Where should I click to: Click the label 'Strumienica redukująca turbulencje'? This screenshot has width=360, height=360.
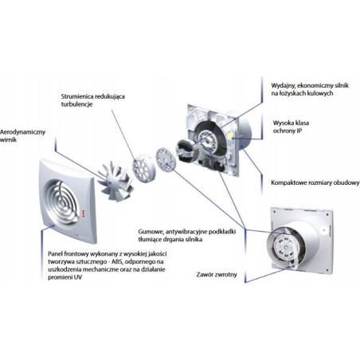pyautogui.click(x=93, y=100)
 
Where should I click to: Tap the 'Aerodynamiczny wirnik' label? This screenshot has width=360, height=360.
pyautogui.click(x=22, y=135)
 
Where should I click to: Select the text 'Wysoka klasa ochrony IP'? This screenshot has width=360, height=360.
pyautogui.click(x=291, y=127)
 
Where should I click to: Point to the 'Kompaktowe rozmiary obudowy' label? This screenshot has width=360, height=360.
pyautogui.click(x=315, y=182)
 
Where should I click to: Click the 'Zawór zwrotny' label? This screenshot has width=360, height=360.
pyautogui.click(x=217, y=275)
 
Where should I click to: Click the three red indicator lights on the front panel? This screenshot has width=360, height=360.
pyautogui.click(x=83, y=213)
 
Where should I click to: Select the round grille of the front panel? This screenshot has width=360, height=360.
pyautogui.click(x=62, y=202)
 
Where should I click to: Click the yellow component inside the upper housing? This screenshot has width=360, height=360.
pyautogui.click(x=232, y=137)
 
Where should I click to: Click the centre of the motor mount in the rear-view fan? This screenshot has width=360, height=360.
pyautogui.click(x=286, y=248)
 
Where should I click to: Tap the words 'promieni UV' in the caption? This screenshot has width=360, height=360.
pyautogui.click(x=65, y=277)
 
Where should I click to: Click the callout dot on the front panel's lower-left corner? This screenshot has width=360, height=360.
pyautogui.click(x=53, y=225)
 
